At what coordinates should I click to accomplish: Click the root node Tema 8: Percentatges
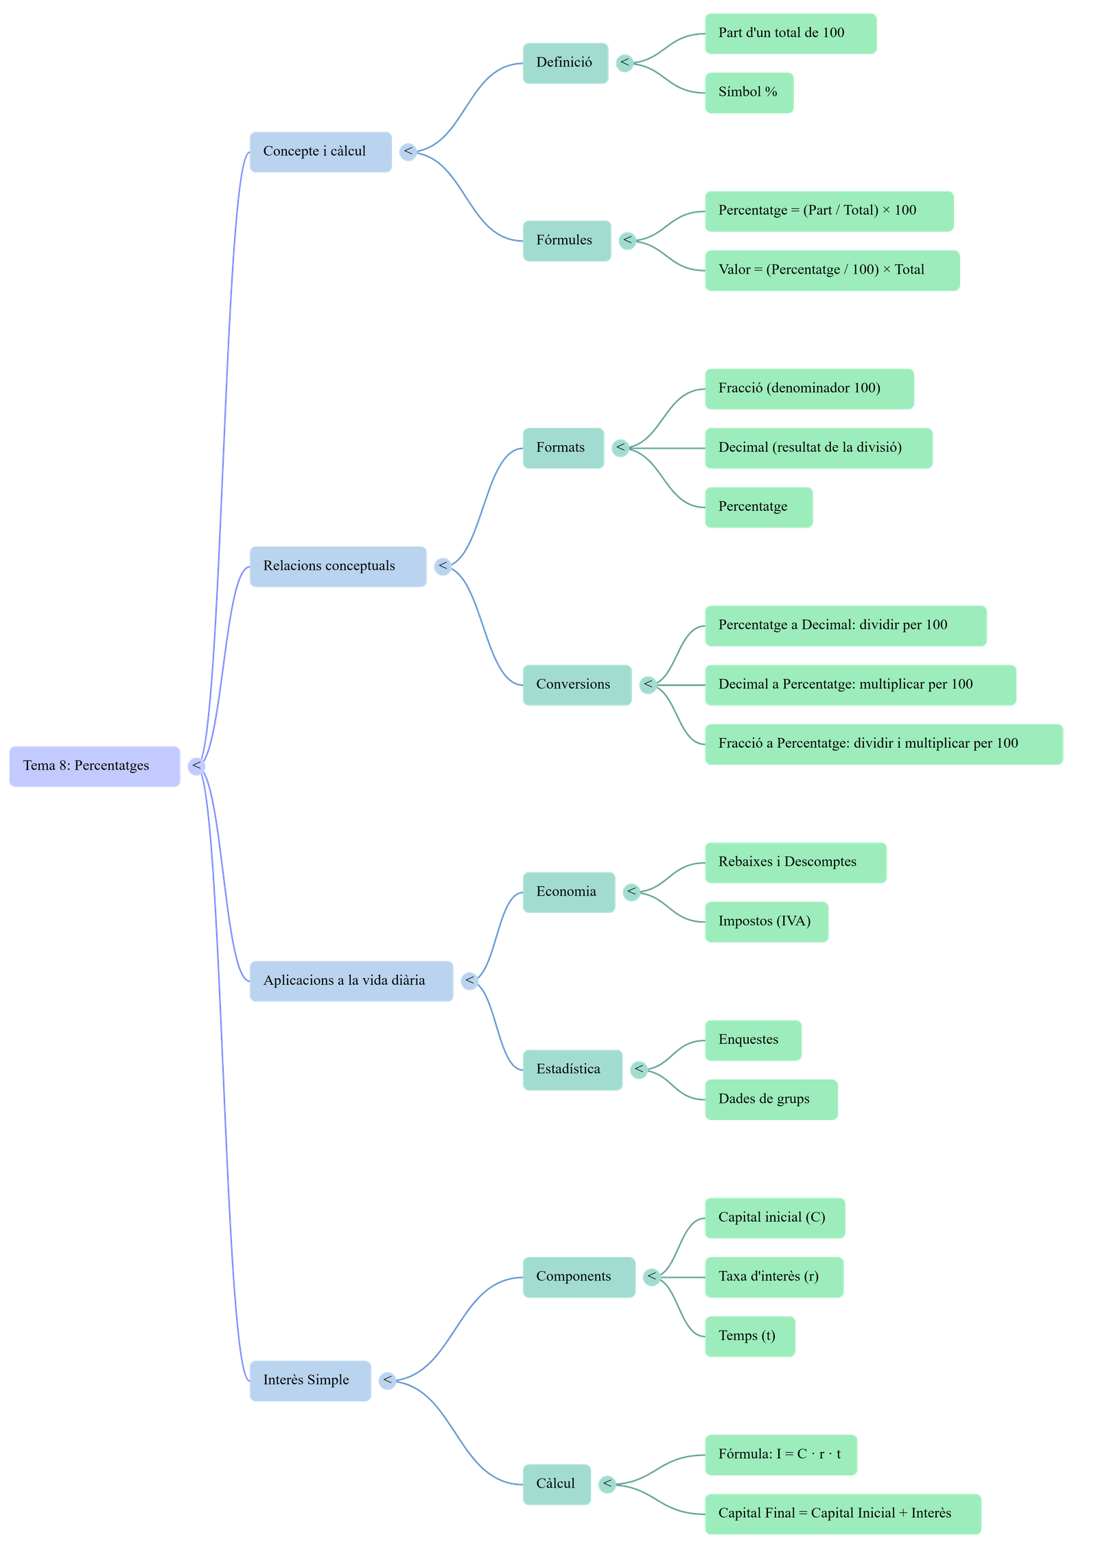click(95, 766)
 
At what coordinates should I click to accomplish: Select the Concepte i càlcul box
click(320, 152)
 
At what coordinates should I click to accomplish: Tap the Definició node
click(565, 63)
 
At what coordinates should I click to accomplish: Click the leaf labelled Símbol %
click(749, 93)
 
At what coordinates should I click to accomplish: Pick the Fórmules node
click(566, 241)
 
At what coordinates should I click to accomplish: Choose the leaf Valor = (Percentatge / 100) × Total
click(832, 270)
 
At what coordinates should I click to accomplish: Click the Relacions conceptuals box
click(338, 567)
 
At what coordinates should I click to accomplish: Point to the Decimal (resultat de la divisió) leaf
click(818, 448)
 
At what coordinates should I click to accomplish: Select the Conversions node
click(576, 684)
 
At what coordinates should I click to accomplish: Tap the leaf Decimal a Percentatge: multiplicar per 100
click(860, 684)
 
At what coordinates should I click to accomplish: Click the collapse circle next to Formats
click(620, 448)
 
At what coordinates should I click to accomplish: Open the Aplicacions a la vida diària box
click(351, 981)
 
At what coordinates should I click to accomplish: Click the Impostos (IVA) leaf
click(766, 922)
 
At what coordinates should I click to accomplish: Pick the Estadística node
click(572, 1069)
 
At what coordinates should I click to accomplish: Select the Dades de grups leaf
click(771, 1099)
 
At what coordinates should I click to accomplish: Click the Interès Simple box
click(310, 1381)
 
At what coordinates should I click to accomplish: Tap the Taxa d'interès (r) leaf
click(773, 1277)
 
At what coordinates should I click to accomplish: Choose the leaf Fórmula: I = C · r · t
click(780, 1455)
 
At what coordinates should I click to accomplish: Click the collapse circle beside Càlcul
click(607, 1484)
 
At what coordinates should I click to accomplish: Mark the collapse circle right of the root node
click(197, 766)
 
